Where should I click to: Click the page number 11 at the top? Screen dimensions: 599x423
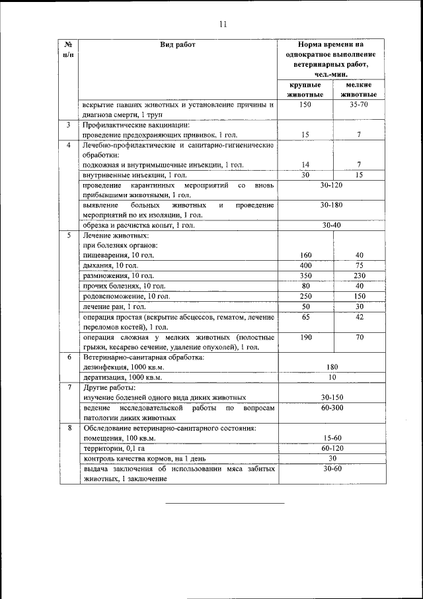click(223, 24)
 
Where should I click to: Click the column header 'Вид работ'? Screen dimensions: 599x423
click(178, 45)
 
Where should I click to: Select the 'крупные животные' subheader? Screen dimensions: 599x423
click(305, 90)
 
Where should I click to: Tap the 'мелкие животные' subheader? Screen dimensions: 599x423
click(360, 90)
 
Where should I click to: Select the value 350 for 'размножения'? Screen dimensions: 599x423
click(305, 275)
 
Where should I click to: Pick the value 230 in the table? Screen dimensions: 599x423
click(359, 275)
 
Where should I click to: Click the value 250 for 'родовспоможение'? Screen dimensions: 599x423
click(305, 296)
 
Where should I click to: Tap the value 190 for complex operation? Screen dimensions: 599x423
click(305, 338)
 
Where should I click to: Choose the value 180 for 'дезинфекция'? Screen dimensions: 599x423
click(332, 366)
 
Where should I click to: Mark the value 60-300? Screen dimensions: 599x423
click(332, 408)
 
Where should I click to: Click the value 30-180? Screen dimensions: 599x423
click(332, 206)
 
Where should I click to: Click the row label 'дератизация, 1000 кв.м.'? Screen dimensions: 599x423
click(122, 377)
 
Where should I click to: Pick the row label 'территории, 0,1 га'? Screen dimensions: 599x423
click(112, 448)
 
